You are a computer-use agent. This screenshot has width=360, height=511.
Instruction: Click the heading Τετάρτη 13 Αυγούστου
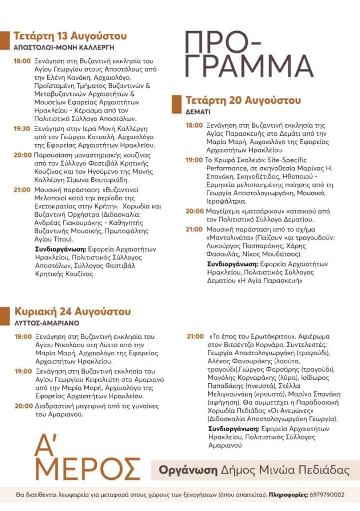70,36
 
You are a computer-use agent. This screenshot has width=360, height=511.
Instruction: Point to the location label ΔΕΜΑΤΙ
196,111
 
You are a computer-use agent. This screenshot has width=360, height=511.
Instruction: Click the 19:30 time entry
22,128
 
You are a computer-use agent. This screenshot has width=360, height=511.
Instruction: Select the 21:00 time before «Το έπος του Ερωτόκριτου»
195,337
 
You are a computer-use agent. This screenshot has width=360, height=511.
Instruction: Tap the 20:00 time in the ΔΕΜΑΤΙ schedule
194,212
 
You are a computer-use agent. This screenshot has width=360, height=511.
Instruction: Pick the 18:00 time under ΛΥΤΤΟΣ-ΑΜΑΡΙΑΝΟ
23,337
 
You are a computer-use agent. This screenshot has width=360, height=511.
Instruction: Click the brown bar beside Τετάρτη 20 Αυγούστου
175,104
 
